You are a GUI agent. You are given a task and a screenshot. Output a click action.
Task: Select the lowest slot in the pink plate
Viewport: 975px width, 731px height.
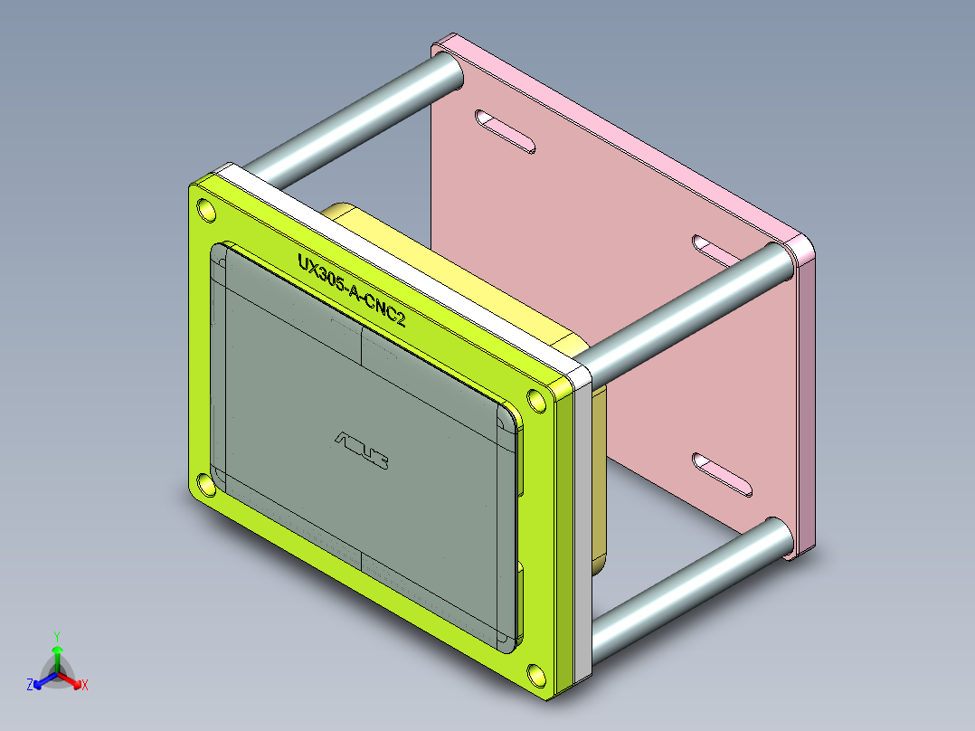[x=723, y=476]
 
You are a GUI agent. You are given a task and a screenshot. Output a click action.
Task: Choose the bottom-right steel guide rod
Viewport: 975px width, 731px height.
[x=687, y=579]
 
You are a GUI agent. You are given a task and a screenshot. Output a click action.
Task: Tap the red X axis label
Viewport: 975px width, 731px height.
[x=85, y=686]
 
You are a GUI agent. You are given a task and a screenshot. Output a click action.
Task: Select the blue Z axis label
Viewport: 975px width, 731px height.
[x=30, y=686]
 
